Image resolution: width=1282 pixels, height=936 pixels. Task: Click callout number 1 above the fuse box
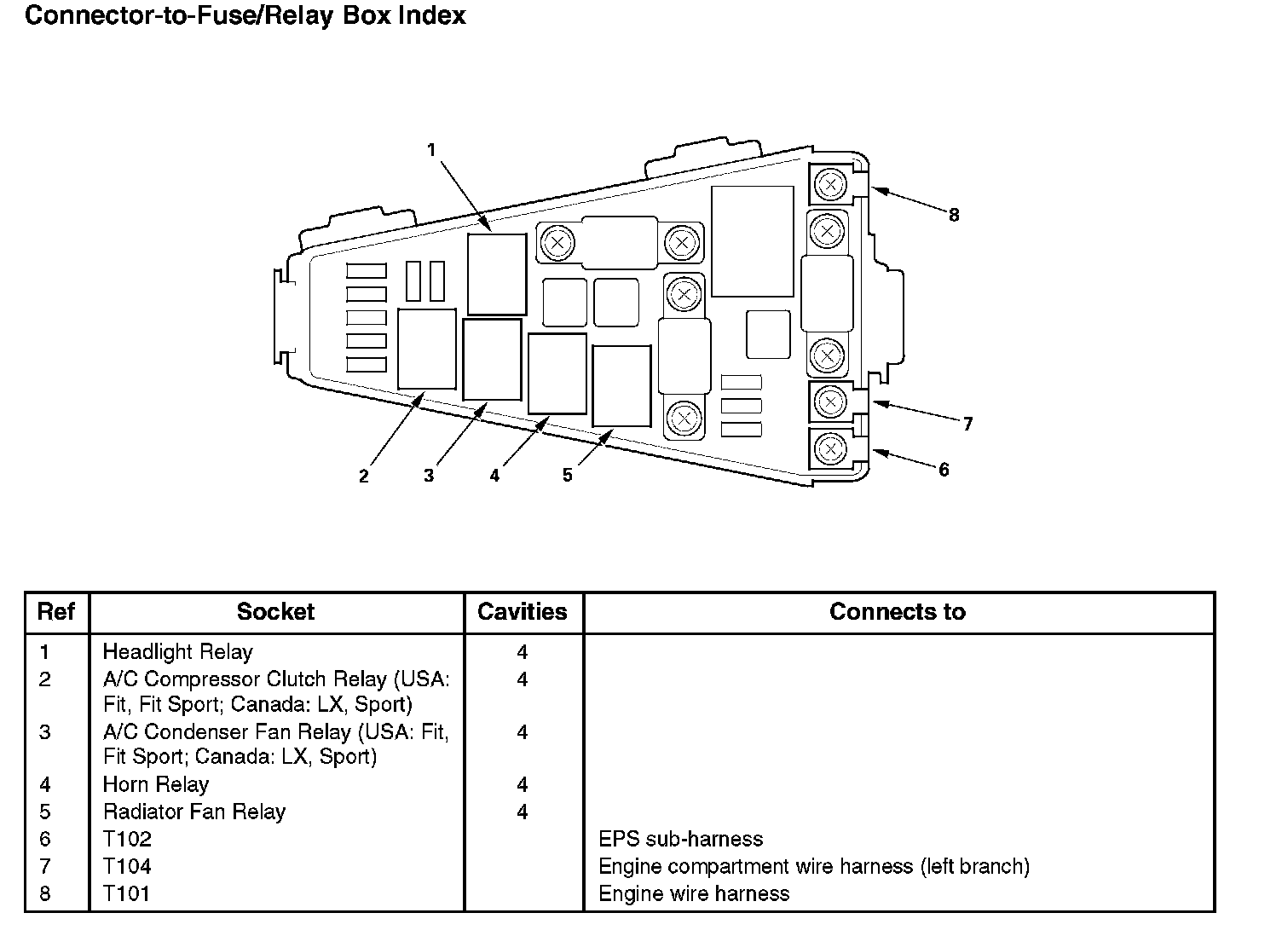pos(431,151)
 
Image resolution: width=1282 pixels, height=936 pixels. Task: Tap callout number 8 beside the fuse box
pos(954,216)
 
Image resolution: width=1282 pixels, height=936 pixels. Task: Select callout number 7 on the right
pos(967,424)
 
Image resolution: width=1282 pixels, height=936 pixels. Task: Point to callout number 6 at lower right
pos(944,470)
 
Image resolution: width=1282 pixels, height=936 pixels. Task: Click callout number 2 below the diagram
pos(364,477)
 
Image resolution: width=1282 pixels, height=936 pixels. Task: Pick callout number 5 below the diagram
pos(568,476)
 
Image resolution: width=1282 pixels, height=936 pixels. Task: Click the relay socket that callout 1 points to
pos(497,274)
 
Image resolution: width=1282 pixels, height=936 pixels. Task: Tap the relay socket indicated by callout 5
pos(621,385)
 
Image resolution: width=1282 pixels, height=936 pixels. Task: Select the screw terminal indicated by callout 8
pos(829,184)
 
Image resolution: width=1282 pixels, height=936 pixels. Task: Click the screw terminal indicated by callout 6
pos(829,448)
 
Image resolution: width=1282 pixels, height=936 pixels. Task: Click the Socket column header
pos(275,612)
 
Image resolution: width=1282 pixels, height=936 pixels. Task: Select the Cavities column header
pos(522,612)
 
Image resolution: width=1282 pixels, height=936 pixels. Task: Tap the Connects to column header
pos(897,612)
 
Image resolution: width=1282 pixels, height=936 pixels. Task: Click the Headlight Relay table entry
pos(177,652)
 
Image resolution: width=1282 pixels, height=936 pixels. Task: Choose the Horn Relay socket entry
pos(155,784)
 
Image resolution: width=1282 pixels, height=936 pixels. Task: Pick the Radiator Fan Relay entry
pos(193,812)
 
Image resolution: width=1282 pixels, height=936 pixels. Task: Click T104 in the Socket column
pos(127,866)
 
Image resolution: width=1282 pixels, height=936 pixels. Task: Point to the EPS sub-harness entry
pos(680,839)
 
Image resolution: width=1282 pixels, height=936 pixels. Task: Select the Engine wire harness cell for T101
pos(694,893)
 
